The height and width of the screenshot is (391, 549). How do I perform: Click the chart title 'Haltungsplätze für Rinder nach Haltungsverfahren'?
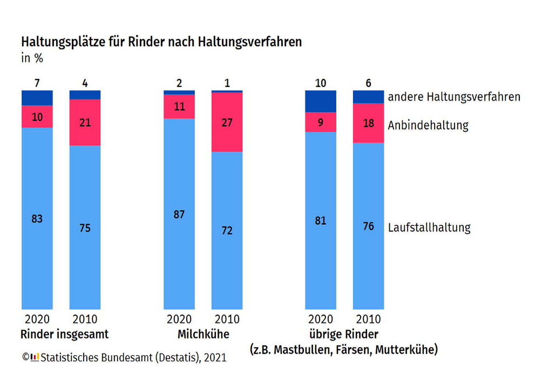pyautogui.click(x=161, y=42)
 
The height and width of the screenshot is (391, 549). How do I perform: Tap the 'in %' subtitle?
pyautogui.click(x=32, y=58)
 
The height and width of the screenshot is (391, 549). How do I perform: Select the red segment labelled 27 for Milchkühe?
pyautogui.click(x=227, y=122)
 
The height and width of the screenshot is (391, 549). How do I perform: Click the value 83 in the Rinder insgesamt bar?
pyautogui.click(x=37, y=219)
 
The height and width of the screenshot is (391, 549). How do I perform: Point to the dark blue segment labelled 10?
pyautogui.click(x=321, y=101)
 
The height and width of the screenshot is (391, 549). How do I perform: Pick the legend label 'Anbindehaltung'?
pyautogui.click(x=428, y=125)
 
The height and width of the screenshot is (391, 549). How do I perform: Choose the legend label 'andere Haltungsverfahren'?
pyautogui.click(x=454, y=97)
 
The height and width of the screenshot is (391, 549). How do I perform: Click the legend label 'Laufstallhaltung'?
pyautogui.click(x=429, y=227)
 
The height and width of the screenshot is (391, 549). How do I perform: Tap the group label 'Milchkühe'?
pyautogui.click(x=203, y=334)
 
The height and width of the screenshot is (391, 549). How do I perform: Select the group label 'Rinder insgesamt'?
pyautogui.click(x=64, y=334)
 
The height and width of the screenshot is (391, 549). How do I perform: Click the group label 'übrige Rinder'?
pyautogui.click(x=344, y=334)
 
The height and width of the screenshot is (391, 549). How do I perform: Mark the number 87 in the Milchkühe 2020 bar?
pyautogui.click(x=179, y=214)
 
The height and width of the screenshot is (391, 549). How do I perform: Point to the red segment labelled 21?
pyautogui.click(x=85, y=122)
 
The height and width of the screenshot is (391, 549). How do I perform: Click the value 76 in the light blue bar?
pyautogui.click(x=369, y=226)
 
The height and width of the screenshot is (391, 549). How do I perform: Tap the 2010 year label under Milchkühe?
pyautogui.click(x=227, y=319)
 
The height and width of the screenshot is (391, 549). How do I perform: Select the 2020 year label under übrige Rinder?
pyautogui.click(x=321, y=319)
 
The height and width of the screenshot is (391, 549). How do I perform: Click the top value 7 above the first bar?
pyautogui.click(x=37, y=83)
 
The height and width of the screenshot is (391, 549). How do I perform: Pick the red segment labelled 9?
pyautogui.click(x=321, y=122)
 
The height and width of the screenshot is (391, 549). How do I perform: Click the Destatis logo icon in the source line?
pyautogui.click(x=35, y=357)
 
